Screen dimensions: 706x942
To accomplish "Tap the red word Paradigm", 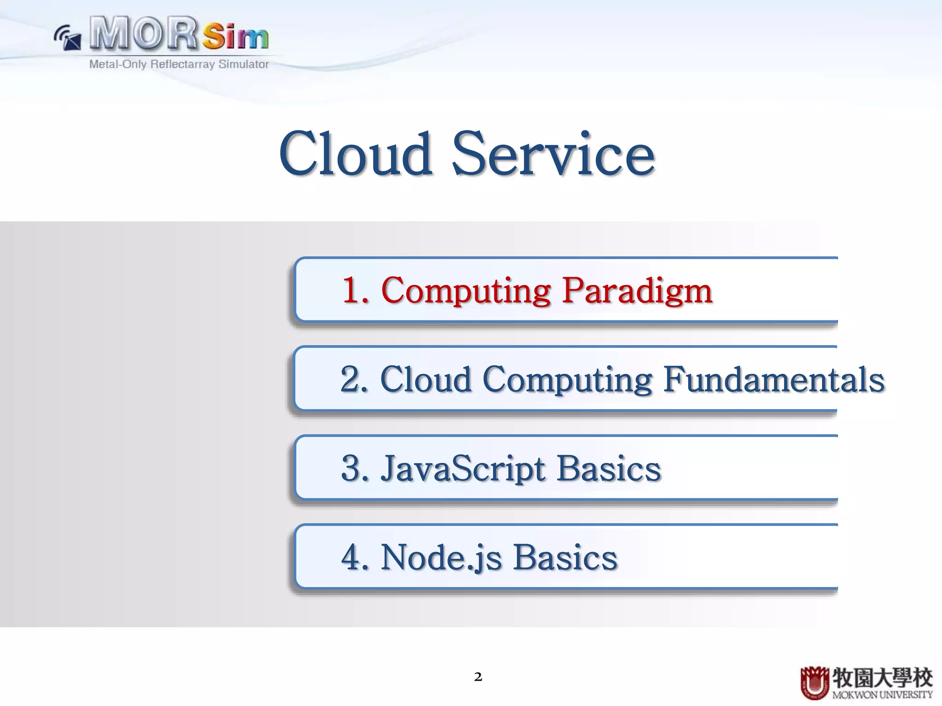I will tap(637, 291).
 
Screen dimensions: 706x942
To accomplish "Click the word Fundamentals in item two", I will tap(774, 380).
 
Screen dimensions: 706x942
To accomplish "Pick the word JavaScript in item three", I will tap(463, 469).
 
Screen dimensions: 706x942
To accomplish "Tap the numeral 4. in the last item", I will tap(355, 558).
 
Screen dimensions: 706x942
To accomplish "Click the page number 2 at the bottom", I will tap(478, 677).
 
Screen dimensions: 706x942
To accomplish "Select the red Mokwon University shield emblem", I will tap(815, 683).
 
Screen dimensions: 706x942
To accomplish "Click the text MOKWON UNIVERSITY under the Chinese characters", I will tap(882, 695).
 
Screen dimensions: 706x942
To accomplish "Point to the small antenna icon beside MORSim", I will tap(68, 38).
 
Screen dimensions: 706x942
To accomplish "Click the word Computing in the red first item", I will tap(466, 291).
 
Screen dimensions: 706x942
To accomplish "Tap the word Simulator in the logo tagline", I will tap(243, 64).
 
